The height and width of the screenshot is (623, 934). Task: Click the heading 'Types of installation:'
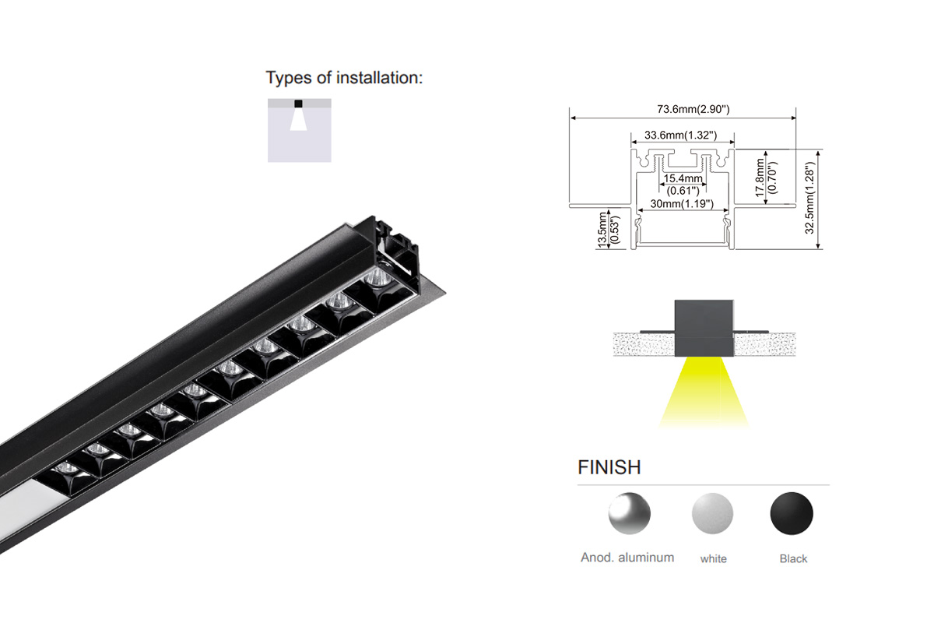pyautogui.click(x=344, y=78)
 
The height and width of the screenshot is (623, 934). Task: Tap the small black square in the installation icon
pyautogui.click(x=298, y=104)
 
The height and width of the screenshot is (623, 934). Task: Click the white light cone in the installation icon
pyautogui.click(x=299, y=119)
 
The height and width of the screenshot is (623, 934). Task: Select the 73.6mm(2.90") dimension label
pyautogui.click(x=693, y=109)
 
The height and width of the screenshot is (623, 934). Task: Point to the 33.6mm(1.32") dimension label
pyautogui.click(x=680, y=136)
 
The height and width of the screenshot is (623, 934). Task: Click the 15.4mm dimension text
pyautogui.click(x=683, y=178)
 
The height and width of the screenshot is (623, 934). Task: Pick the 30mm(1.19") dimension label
pyautogui.click(x=682, y=203)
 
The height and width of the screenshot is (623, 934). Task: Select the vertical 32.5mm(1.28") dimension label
pyautogui.click(x=809, y=198)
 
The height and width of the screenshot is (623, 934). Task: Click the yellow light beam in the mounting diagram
pyautogui.click(x=704, y=392)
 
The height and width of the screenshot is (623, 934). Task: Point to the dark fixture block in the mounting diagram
pyautogui.click(x=704, y=328)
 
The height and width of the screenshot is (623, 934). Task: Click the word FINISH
pyautogui.click(x=609, y=467)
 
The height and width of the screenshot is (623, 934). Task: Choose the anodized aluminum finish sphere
pyautogui.click(x=629, y=513)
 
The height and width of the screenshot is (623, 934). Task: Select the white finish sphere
pyautogui.click(x=712, y=513)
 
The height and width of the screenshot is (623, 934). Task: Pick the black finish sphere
pyautogui.click(x=792, y=513)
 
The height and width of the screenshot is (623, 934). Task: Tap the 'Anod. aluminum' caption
pyautogui.click(x=627, y=558)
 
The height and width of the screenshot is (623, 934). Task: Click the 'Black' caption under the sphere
pyautogui.click(x=793, y=558)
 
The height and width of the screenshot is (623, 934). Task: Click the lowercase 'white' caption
pyautogui.click(x=714, y=558)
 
